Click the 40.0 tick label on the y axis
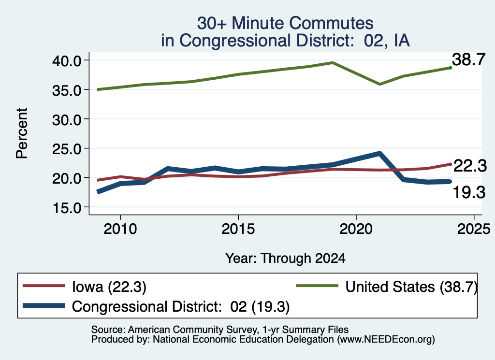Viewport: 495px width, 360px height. click(66, 60)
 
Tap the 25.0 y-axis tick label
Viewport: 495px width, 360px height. click(66, 149)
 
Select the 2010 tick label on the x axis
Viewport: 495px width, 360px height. click(120, 229)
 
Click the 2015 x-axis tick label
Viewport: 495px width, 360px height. click(238, 229)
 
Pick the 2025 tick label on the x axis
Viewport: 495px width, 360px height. click(474, 229)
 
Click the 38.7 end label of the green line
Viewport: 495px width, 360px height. click(468, 59)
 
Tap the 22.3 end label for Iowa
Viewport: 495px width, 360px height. click(470, 166)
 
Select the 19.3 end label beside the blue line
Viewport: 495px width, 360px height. click(469, 192)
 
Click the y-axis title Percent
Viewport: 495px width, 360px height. click(22, 133)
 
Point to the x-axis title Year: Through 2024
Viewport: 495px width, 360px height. click(285, 258)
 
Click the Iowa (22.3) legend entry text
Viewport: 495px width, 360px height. click(109, 287)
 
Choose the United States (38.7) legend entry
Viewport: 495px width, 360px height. click(411, 287)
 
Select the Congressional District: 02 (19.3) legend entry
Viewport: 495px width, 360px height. click(181, 306)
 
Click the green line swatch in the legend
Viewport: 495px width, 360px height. click(317, 286)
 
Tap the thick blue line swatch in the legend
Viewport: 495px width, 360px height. click(44, 306)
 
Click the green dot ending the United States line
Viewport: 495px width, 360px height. click(451, 68)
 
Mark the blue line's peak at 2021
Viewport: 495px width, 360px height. click(380, 154)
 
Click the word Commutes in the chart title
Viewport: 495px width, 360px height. click(331, 23)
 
